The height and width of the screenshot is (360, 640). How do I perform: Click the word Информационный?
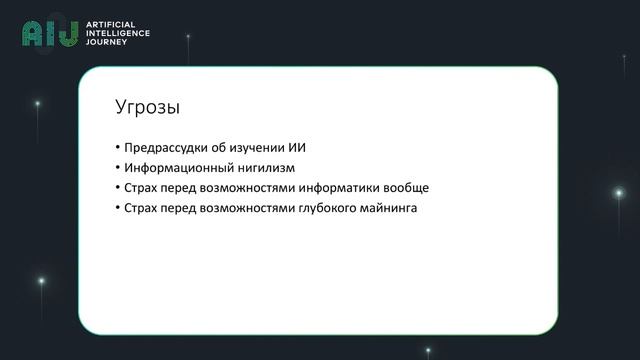pyautogui.click(x=172, y=168)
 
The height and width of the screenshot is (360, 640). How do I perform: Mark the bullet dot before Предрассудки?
pyautogui.click(x=116, y=148)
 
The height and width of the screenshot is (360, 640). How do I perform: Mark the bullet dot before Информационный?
pyautogui.click(x=116, y=168)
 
